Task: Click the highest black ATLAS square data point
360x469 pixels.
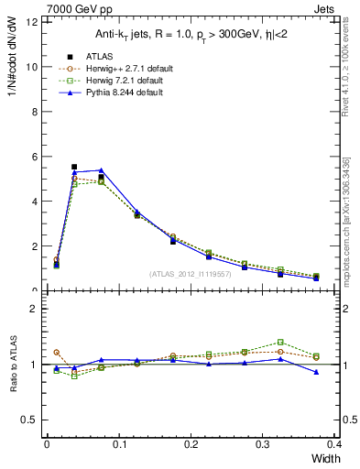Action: (x=74, y=167)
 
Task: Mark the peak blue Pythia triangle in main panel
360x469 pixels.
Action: (x=101, y=170)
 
